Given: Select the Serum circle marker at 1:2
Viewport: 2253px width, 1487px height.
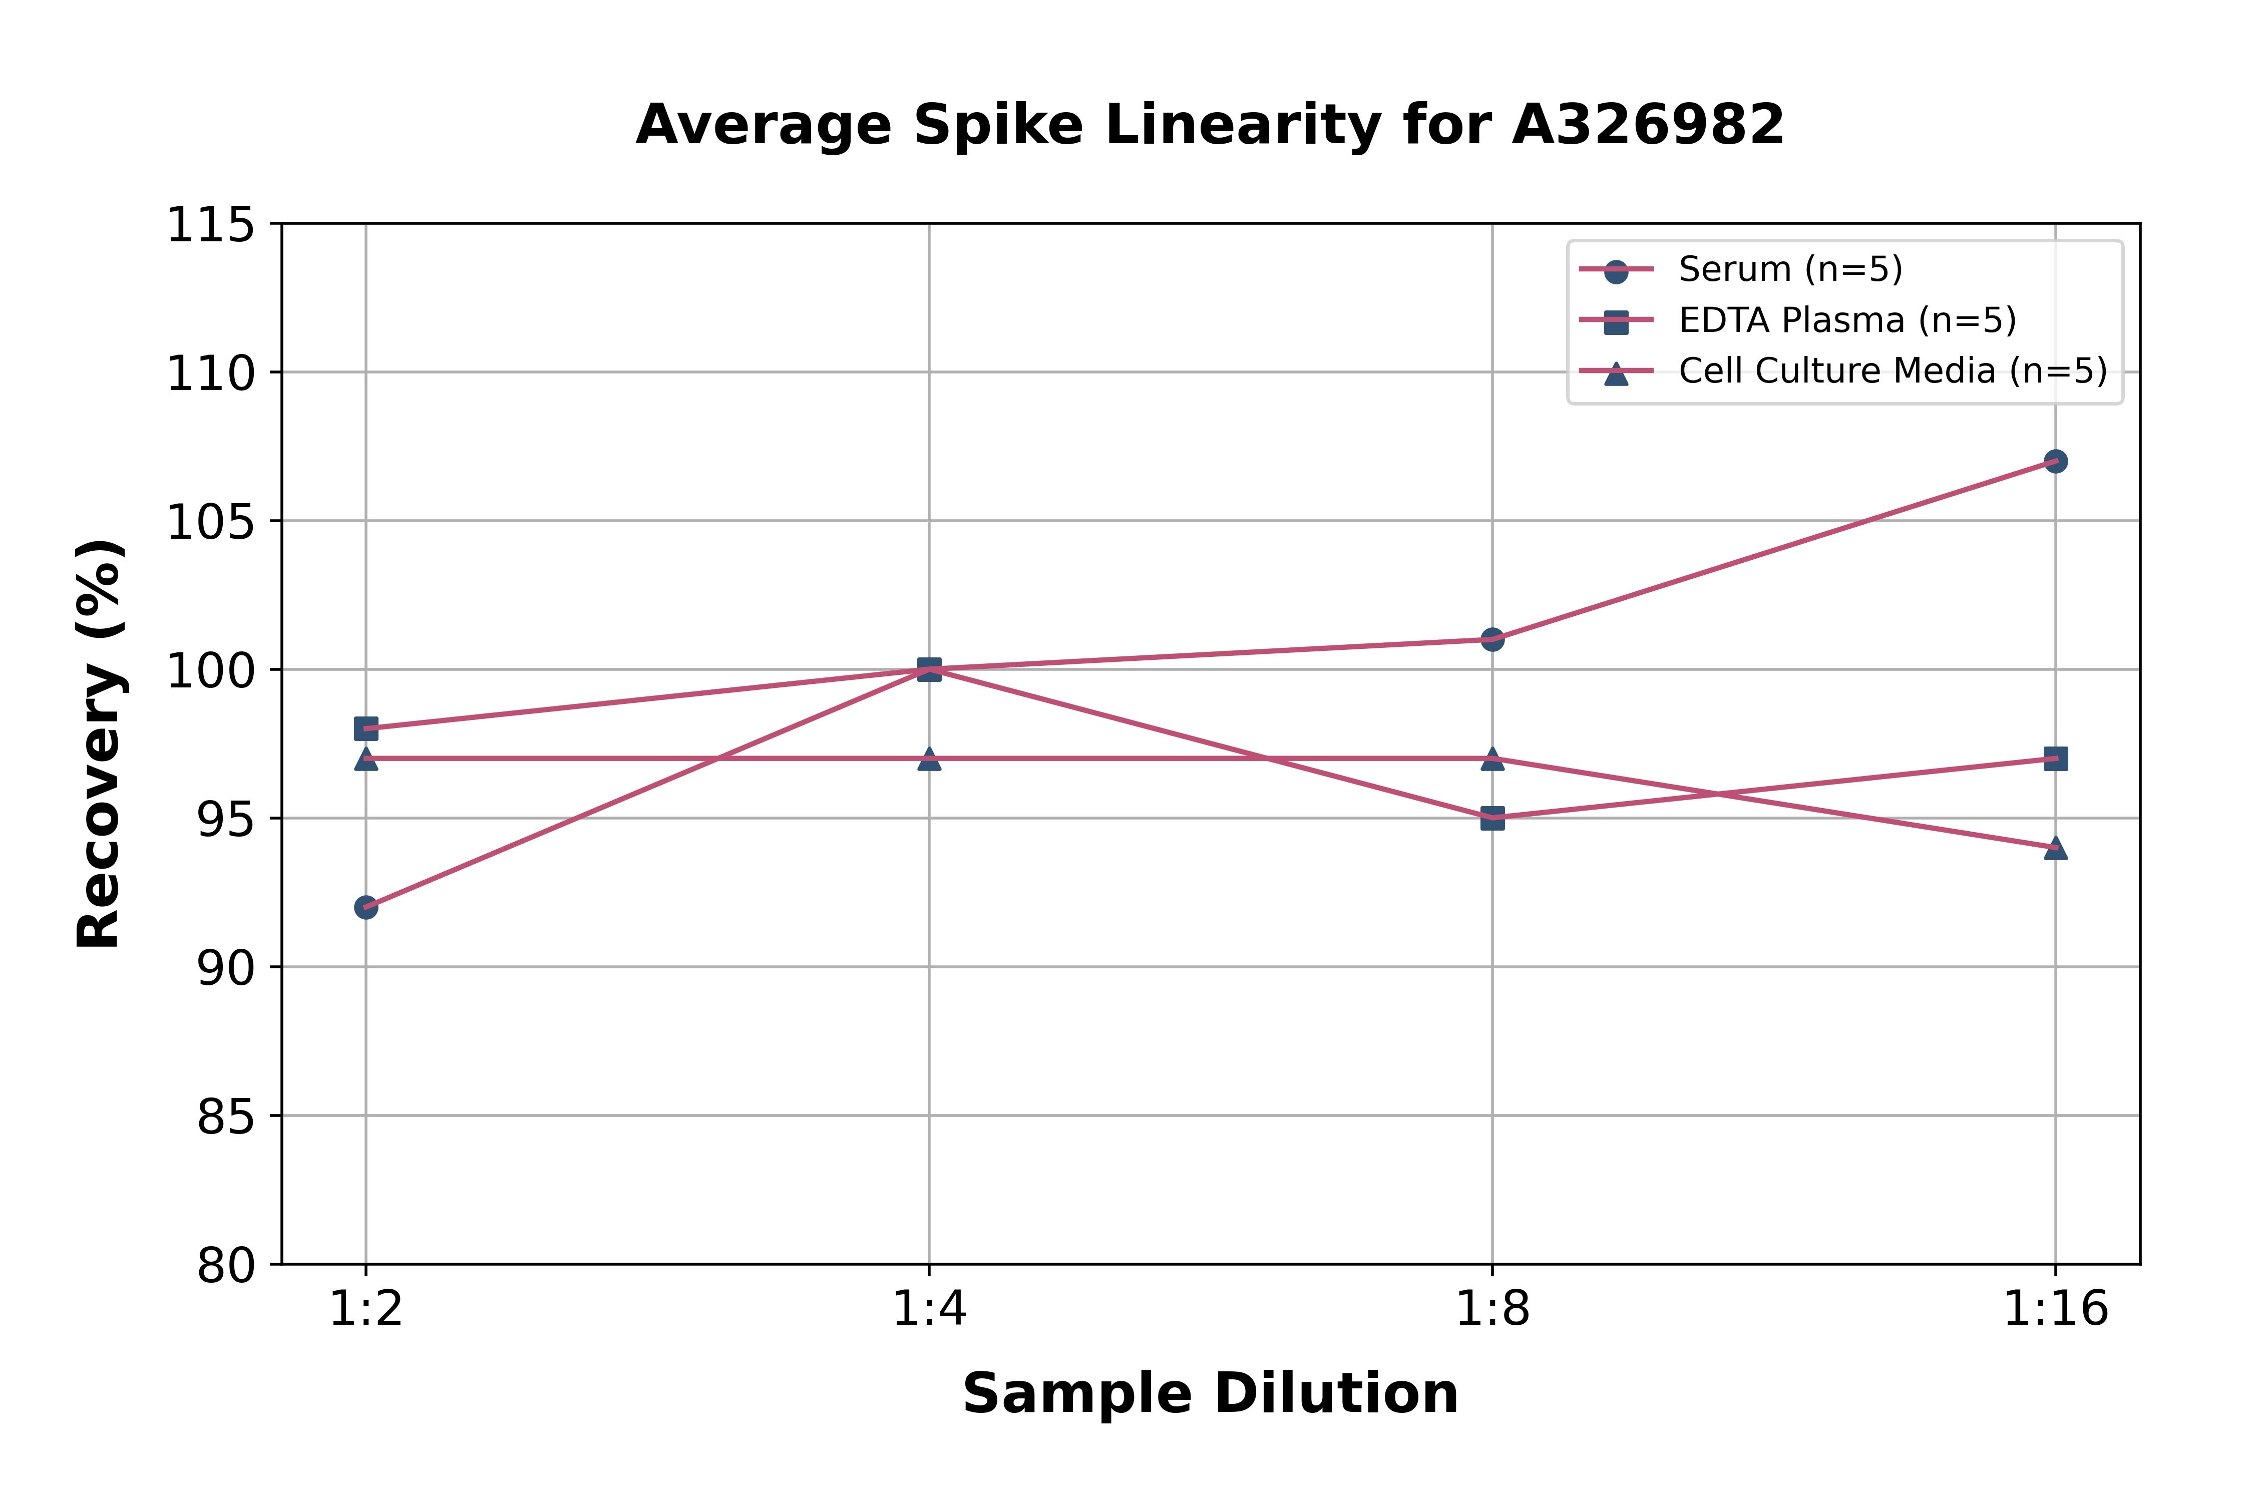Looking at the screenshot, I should point(366,908).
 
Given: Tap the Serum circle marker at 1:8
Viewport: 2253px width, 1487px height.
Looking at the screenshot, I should point(1492,639).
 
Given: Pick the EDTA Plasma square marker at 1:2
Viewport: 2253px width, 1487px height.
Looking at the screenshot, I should point(366,728).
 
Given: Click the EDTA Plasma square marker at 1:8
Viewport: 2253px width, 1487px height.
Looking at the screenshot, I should point(1492,819).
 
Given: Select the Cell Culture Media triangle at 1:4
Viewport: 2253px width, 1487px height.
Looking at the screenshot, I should point(929,759).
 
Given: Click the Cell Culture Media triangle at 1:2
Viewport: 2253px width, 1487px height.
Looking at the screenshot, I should point(366,759).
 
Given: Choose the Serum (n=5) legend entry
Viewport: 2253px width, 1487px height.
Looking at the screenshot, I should point(1789,269).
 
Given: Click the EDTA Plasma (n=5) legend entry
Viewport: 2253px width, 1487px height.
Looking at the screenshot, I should point(1846,320).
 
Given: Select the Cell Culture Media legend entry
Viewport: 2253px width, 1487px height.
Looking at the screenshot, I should point(1892,371).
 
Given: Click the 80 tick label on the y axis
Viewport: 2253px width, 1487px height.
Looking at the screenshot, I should point(226,1265).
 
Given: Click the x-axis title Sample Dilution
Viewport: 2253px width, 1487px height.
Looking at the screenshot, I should point(1210,1394).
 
